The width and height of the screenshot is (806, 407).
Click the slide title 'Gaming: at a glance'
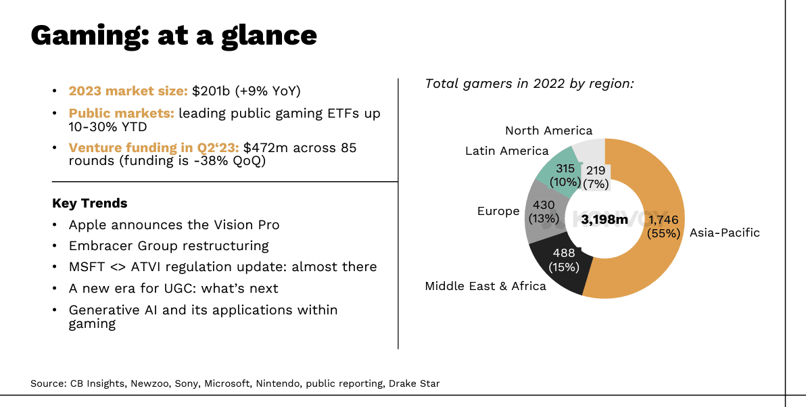click(x=174, y=36)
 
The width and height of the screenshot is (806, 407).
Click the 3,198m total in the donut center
click(x=604, y=220)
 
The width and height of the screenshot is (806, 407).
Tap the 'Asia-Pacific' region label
click(x=724, y=233)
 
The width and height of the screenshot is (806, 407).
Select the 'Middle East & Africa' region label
click(x=485, y=286)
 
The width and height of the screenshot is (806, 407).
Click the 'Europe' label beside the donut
click(x=498, y=212)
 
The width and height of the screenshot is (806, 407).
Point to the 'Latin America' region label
click(x=507, y=151)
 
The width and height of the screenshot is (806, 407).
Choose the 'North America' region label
click(x=548, y=130)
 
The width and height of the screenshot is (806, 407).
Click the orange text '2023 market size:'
click(x=128, y=91)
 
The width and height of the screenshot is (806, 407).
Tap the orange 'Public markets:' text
click(x=121, y=113)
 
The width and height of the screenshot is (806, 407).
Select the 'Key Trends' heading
click(x=89, y=203)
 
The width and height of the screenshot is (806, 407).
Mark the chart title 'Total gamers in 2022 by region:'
click(x=529, y=84)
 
